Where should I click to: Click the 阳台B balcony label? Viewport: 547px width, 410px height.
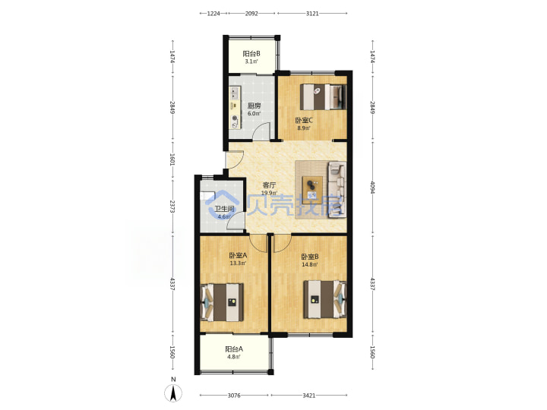(x=251, y=54)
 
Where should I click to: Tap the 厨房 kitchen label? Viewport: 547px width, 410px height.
(x=254, y=106)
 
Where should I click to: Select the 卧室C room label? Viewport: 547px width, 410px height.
(x=304, y=121)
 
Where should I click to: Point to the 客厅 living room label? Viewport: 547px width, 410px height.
(x=269, y=185)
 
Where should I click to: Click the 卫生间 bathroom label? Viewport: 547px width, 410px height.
(x=224, y=209)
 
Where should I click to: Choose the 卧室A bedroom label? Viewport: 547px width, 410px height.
(x=238, y=256)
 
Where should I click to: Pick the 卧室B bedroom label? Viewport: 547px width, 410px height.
(x=310, y=257)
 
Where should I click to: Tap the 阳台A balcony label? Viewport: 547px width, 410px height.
(x=234, y=349)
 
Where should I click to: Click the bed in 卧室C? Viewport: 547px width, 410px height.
(x=324, y=96)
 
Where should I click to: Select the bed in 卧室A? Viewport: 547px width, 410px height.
(x=222, y=302)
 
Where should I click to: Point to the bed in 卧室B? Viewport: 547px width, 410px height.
(x=325, y=299)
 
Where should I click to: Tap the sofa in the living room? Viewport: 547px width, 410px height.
(x=337, y=190)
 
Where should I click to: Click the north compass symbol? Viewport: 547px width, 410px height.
(x=173, y=393)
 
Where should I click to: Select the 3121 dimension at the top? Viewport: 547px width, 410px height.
(x=312, y=14)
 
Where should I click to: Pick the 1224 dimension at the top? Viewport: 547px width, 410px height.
(x=213, y=14)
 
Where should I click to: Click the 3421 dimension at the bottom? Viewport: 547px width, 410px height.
(x=308, y=396)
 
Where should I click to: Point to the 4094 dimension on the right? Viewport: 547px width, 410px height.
(x=372, y=188)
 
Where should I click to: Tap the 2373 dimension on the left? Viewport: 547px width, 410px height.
(x=172, y=207)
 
